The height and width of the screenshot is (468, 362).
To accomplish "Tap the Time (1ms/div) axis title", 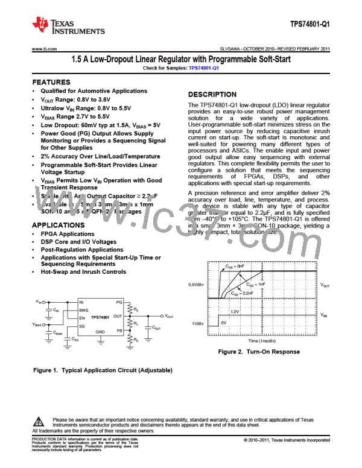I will pyautogui.click(x=261, y=340).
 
